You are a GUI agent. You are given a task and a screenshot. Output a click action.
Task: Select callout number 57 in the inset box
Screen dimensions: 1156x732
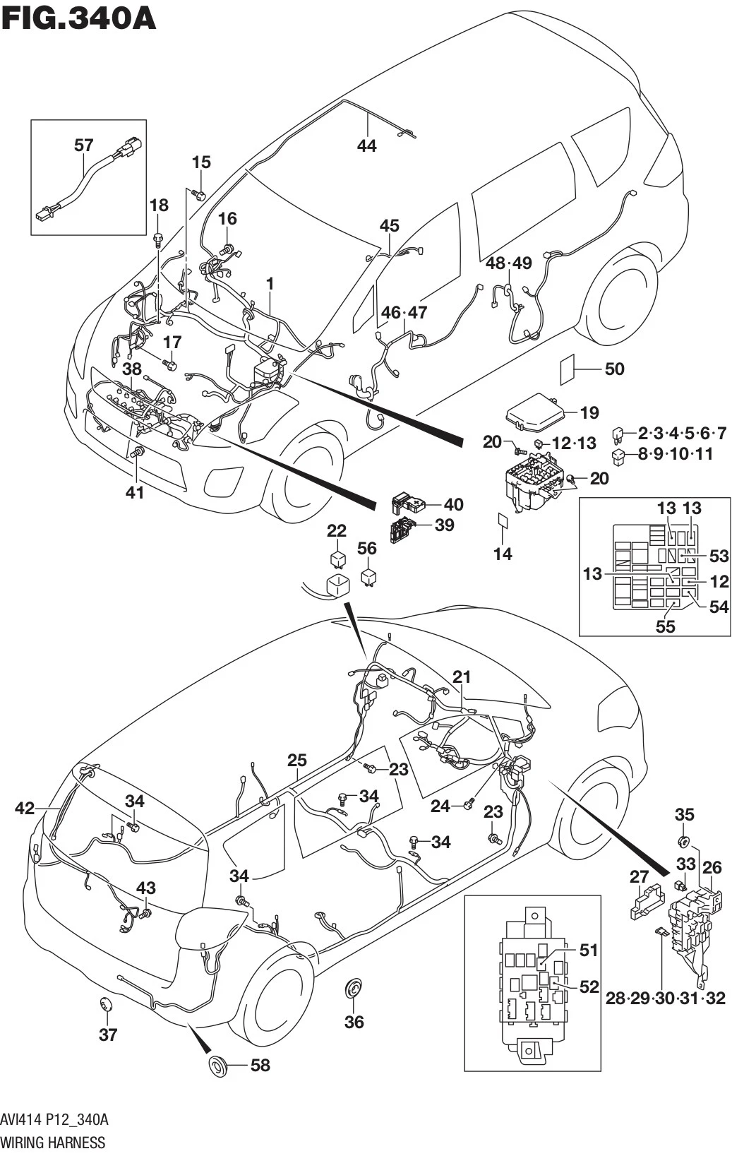point(83,145)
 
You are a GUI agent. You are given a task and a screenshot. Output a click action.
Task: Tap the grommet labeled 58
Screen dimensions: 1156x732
point(218,1065)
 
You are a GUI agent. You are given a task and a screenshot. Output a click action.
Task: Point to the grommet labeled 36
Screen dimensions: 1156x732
point(353,989)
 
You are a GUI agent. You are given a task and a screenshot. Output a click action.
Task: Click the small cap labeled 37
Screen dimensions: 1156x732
point(106,1005)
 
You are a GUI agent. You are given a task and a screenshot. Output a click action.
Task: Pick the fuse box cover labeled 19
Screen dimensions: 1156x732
point(536,414)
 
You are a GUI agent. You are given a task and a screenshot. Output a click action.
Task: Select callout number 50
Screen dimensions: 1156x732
point(614,369)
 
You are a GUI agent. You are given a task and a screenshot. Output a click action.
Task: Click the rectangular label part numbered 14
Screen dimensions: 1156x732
point(502,521)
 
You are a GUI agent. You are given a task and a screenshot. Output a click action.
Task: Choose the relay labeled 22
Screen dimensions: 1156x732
point(337,559)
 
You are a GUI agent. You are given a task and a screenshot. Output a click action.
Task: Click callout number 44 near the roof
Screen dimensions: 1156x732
point(366,145)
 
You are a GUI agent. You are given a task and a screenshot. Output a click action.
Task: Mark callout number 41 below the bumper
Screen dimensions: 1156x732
point(134,492)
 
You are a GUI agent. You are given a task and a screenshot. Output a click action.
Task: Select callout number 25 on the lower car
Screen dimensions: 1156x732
point(297,761)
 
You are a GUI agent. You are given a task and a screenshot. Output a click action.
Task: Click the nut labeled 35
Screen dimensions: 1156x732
point(683,841)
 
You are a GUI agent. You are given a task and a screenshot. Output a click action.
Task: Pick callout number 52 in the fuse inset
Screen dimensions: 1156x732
point(589,986)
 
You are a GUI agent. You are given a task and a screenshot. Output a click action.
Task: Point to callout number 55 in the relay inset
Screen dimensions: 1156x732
point(665,626)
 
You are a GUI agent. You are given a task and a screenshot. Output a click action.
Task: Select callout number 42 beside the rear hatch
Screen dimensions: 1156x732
point(25,808)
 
